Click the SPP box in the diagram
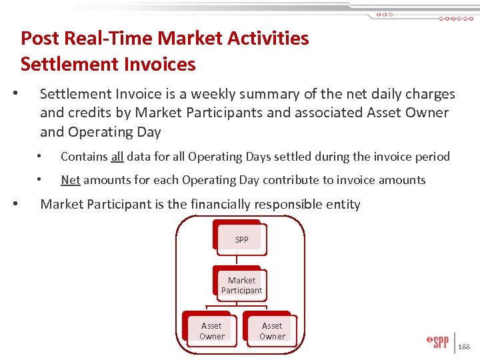241,239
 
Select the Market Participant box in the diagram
241,285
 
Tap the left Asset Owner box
211,331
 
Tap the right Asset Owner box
272,331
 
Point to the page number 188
464,347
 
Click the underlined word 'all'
117,157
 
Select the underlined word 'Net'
70,180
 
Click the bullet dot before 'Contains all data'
41,157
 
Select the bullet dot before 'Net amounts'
41,180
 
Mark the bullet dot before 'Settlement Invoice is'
23,94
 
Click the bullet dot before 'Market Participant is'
23,204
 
